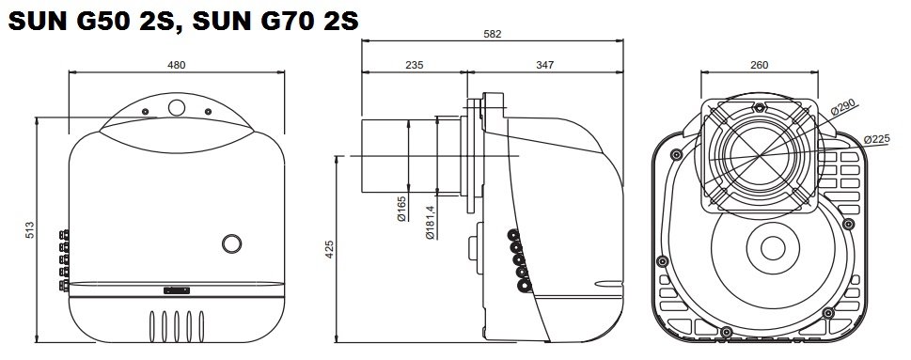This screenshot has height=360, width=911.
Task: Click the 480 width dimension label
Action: pyautogui.click(x=177, y=65)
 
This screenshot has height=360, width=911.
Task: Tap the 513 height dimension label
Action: pyautogui.click(x=31, y=229)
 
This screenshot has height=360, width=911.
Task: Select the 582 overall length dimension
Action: pyautogui.click(x=492, y=34)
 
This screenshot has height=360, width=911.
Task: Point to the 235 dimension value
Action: pyautogui.click(x=414, y=65)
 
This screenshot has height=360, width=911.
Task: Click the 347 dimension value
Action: pyautogui.click(x=545, y=65)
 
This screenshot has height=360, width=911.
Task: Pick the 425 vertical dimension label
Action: pyautogui.click(x=329, y=249)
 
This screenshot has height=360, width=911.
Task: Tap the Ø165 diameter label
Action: pyautogui.click(x=402, y=209)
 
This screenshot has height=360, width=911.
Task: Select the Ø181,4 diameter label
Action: pyautogui.click(x=430, y=223)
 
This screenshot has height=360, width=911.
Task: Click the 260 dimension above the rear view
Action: pyautogui.click(x=760, y=65)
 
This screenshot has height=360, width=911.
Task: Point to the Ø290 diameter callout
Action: pyautogui.click(x=844, y=108)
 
